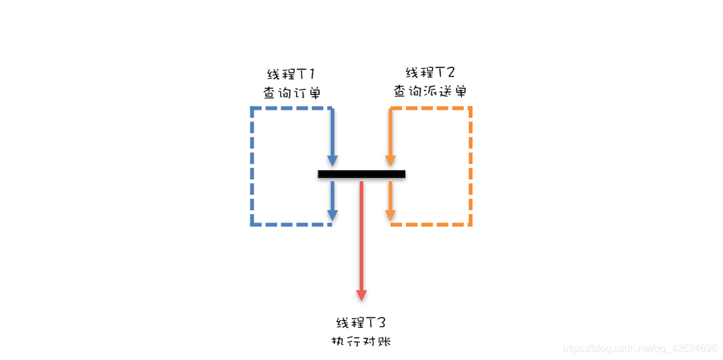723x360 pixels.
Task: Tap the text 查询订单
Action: coord(291,92)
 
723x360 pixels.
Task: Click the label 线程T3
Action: coord(361,322)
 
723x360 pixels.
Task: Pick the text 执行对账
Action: coord(361,341)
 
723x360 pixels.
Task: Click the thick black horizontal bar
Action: coord(361,174)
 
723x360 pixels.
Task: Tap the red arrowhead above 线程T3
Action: coord(361,295)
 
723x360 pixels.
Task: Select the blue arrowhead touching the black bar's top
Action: coord(332,161)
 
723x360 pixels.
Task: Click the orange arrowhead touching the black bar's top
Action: coord(391,161)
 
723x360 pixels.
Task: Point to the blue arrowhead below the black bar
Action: coord(332,215)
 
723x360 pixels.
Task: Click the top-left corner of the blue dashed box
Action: coord(252,109)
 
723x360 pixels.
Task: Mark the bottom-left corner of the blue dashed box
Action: coord(252,224)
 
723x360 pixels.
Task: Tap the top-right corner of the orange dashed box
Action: coord(470,109)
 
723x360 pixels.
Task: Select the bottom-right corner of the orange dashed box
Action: coord(470,224)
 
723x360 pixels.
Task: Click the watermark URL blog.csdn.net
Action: coord(639,349)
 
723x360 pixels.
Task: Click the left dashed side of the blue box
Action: coord(252,166)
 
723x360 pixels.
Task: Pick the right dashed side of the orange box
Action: coord(470,166)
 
